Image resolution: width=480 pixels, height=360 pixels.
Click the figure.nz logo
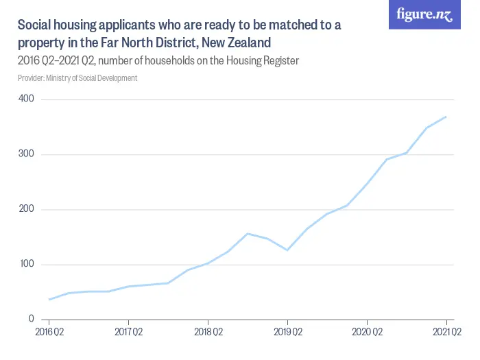(x=424, y=14)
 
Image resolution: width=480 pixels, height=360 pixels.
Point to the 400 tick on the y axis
(x=27, y=99)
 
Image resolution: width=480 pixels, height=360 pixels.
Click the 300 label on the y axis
(x=27, y=154)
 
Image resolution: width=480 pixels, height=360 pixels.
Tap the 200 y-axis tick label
(x=27, y=209)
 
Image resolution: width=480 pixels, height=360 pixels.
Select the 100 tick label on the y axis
(x=27, y=264)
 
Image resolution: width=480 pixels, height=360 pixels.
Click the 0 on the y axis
(x=32, y=319)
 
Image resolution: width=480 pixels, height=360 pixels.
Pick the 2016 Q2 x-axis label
(x=49, y=333)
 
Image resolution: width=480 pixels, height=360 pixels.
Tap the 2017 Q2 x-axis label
(x=128, y=333)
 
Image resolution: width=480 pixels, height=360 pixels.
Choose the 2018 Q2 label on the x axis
(x=208, y=333)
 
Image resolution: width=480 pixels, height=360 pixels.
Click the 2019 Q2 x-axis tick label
(x=287, y=333)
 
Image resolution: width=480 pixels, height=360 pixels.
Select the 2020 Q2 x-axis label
(x=367, y=333)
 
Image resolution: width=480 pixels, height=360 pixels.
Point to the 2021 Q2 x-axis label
(x=446, y=333)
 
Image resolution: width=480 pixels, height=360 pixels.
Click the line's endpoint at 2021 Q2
(x=446, y=117)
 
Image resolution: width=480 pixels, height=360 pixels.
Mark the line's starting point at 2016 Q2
(x=49, y=300)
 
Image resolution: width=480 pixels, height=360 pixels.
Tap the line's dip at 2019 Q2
(x=287, y=250)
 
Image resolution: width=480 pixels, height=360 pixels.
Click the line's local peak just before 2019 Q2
(x=248, y=234)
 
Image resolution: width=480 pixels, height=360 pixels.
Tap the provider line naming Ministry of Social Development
(x=77, y=78)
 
